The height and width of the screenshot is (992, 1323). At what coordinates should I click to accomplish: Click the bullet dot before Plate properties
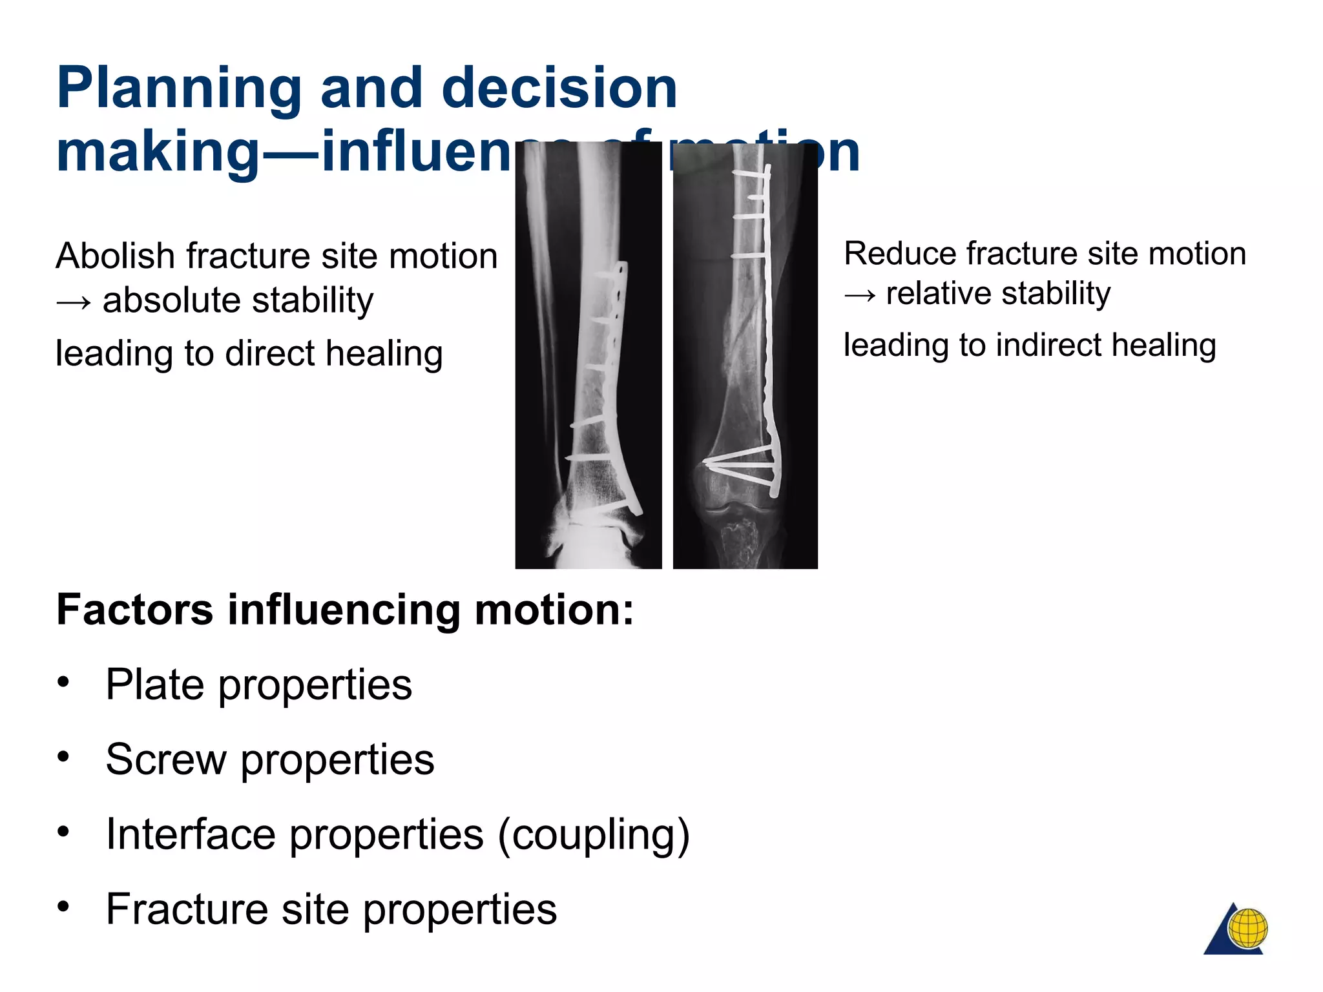(63, 682)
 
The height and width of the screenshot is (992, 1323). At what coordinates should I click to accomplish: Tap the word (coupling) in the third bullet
(594, 834)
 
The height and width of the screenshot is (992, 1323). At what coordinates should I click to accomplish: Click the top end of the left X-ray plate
(621, 265)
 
